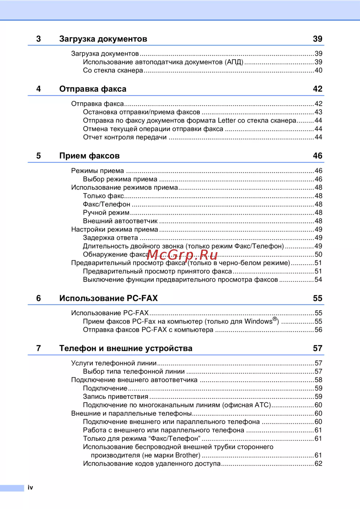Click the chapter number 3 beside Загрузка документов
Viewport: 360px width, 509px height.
pos(39,39)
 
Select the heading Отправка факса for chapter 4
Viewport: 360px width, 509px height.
pos(93,89)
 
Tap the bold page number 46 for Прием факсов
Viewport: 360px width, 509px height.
pos(317,156)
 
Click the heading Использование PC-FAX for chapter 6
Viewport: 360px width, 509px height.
pos(108,298)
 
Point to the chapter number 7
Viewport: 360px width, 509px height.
pos(39,348)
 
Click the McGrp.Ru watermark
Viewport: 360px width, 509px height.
pos(183,255)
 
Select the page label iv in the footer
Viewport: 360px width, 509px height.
pos(30,487)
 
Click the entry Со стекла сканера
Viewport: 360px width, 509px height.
pos(113,71)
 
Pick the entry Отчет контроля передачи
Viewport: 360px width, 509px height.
pos(125,137)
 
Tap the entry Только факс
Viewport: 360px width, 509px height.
pos(103,196)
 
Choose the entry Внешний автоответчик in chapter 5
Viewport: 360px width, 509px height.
pos(120,221)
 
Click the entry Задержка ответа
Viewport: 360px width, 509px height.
pos(110,238)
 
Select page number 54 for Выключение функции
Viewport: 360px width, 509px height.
pos(318,280)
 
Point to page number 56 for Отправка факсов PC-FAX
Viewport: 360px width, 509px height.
pos(318,330)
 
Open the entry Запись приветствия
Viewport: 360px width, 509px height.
pos(115,397)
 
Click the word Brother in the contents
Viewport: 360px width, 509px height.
pos(187,455)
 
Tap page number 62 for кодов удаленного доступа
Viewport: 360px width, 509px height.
pos(318,464)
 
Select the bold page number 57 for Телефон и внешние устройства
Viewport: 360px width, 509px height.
pos(317,348)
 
